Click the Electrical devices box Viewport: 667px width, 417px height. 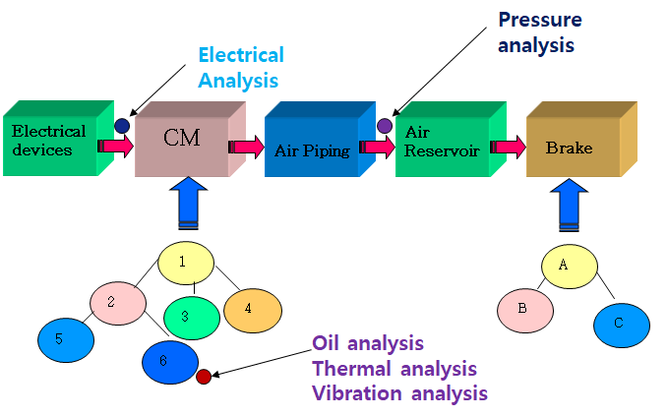tap(49, 141)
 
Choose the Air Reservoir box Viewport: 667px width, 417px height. tap(444, 142)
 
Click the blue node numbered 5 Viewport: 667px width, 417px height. tap(66, 339)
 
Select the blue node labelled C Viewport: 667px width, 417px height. tap(621, 325)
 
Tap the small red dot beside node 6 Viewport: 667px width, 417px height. tap(204, 376)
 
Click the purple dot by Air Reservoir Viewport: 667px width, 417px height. tap(385, 126)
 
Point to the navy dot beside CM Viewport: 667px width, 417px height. tap(121, 126)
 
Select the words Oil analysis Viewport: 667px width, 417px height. tap(368, 343)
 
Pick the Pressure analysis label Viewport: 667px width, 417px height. tap(539, 31)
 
